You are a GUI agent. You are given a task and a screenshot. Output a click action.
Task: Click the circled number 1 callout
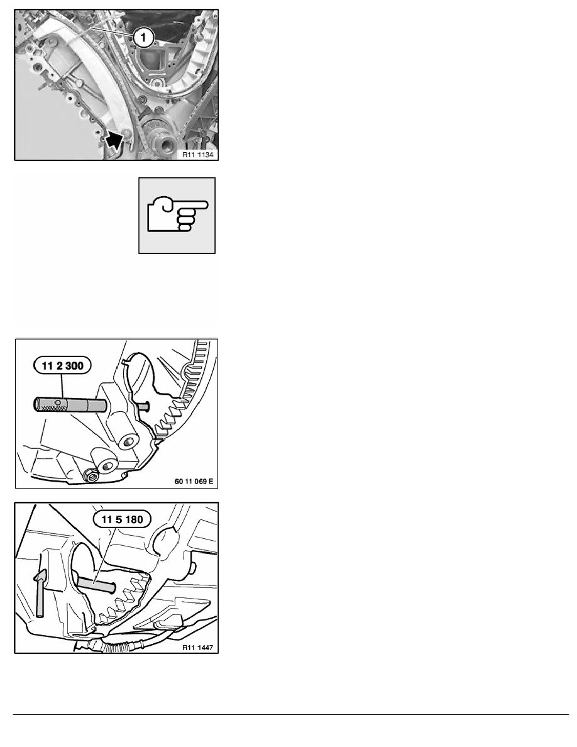(x=143, y=37)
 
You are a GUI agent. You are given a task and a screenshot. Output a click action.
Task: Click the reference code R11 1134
(x=197, y=154)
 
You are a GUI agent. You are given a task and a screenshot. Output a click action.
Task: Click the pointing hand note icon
(x=177, y=215)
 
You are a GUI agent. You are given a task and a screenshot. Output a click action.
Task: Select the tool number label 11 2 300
(x=62, y=365)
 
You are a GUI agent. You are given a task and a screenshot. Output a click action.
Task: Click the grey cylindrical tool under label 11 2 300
(x=70, y=406)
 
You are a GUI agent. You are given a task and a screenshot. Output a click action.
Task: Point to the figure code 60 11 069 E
(x=194, y=481)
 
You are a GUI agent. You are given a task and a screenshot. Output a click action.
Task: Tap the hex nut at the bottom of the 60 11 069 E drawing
(x=91, y=474)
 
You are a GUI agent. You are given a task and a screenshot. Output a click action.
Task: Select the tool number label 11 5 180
(x=123, y=519)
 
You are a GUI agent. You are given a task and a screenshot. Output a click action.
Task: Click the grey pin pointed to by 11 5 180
(x=96, y=585)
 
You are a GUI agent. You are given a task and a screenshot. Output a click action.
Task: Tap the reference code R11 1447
(x=197, y=648)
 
